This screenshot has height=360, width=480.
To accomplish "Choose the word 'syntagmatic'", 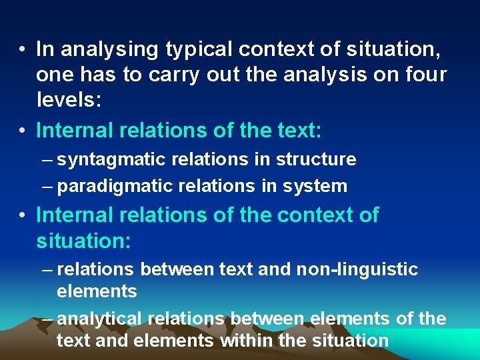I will tap(109, 160).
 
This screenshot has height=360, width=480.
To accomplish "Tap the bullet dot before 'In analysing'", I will tap(23, 50).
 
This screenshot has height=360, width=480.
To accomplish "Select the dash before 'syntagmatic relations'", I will tap(47, 160).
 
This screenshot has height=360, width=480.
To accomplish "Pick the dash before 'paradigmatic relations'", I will tap(47, 186).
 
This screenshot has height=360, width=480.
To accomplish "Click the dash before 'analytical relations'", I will tap(47, 319).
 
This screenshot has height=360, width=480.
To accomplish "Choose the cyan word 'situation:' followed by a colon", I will tap(83, 241).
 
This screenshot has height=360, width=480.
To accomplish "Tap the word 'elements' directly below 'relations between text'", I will tap(97, 291).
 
